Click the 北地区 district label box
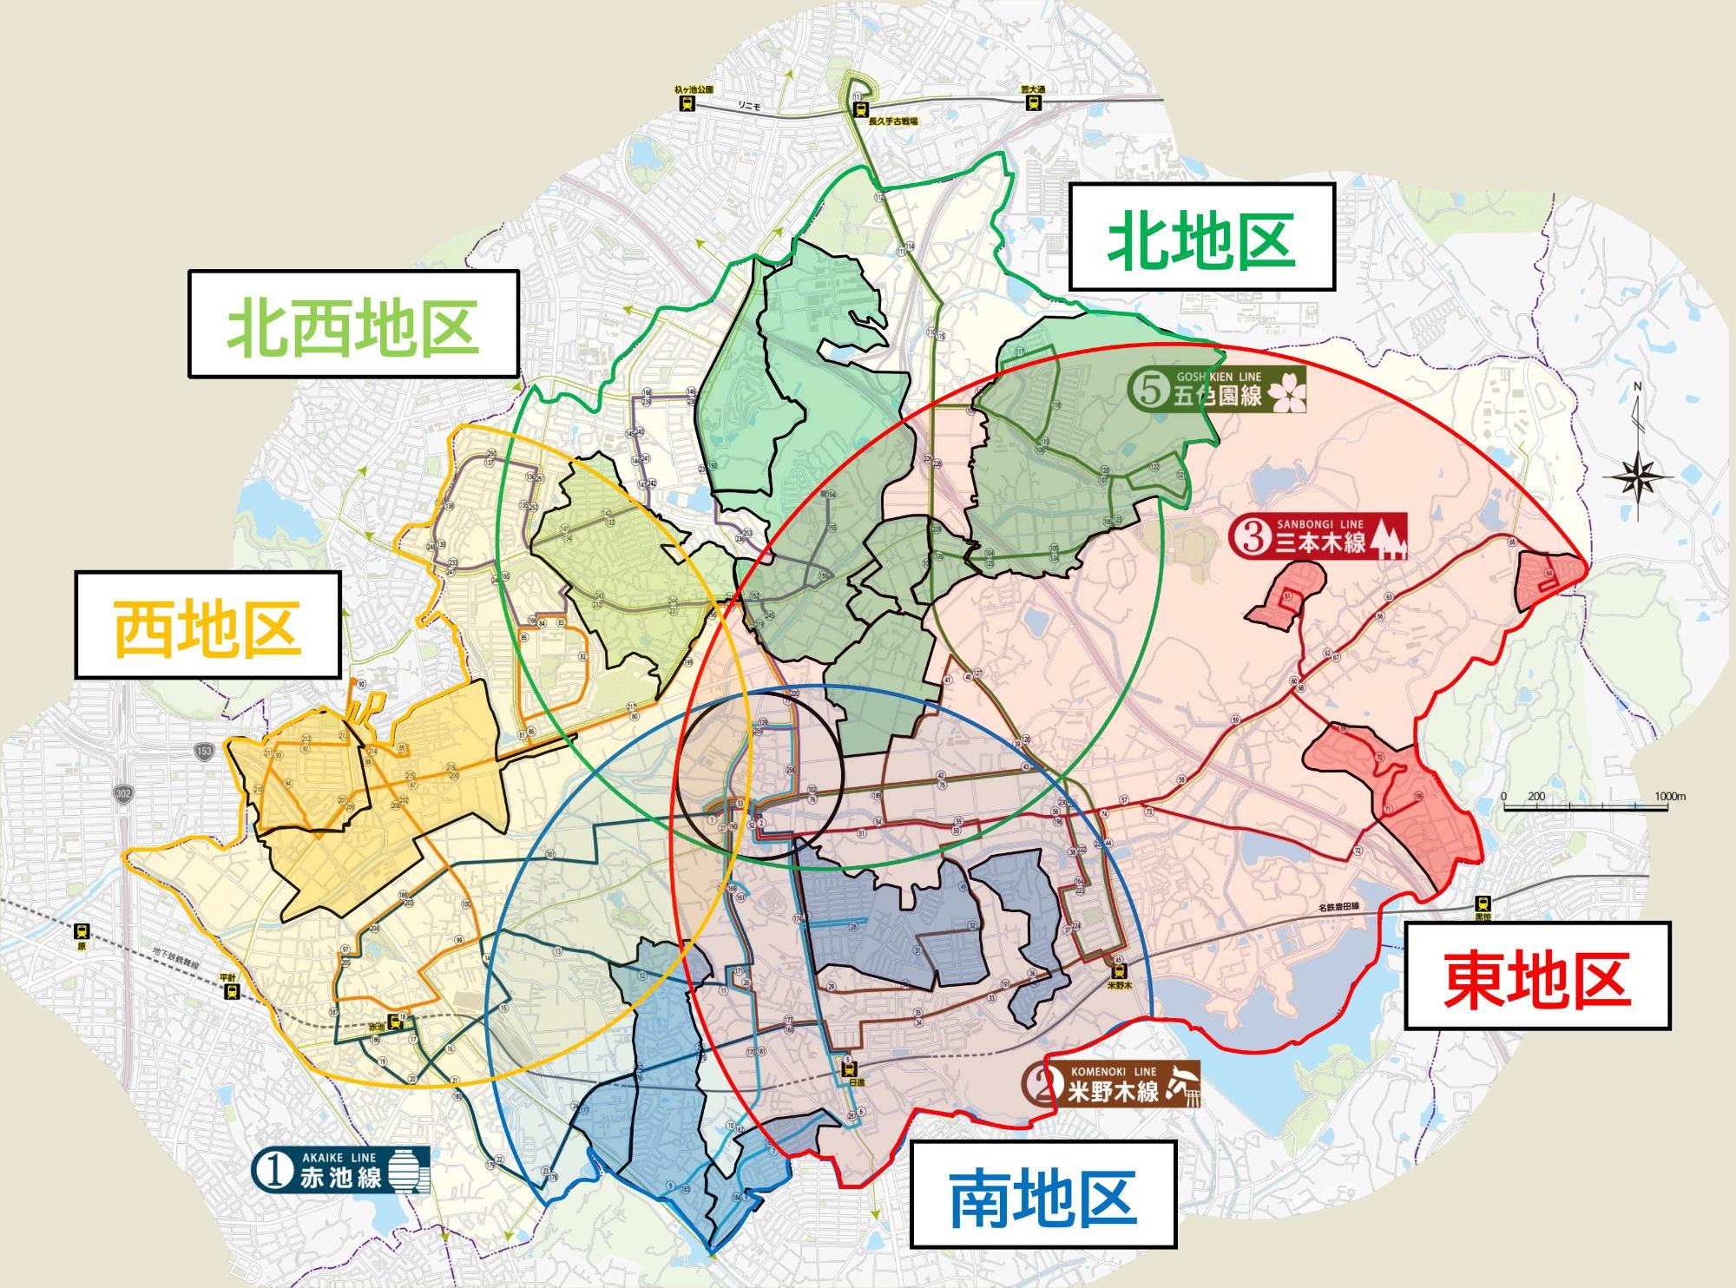(x=1201, y=236)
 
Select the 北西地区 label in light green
(x=353, y=324)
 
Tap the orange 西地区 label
(x=207, y=624)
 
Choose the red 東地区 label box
(x=1536, y=976)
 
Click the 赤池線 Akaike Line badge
(x=340, y=1171)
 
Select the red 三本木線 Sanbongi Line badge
(x=1318, y=538)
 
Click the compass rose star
(x=1638, y=478)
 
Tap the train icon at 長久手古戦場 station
(x=860, y=109)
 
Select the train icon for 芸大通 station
(x=1033, y=102)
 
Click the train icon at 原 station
(x=82, y=931)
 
